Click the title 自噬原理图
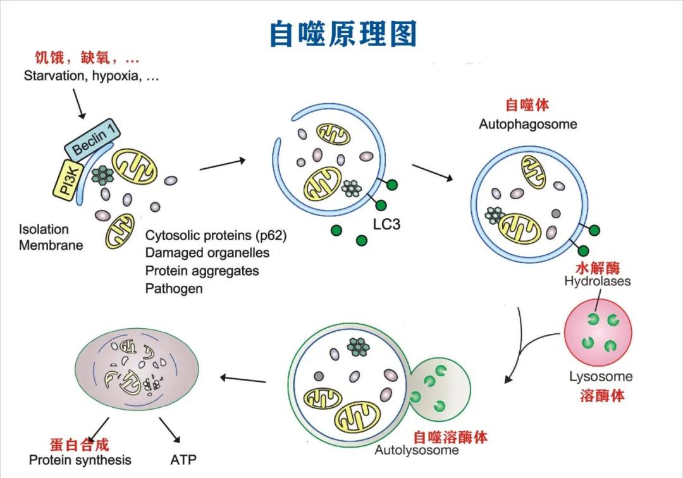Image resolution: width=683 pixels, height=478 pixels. [343, 34]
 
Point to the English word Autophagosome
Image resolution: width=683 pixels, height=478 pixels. [527, 124]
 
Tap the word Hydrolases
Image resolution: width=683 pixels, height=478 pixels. [597, 281]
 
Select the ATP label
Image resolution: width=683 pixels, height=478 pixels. [183, 460]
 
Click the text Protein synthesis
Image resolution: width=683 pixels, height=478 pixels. [80, 460]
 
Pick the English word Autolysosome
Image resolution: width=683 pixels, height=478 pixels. [417, 450]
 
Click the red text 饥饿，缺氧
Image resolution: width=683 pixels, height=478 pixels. [87, 59]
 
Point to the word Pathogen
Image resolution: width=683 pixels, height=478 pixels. [174, 288]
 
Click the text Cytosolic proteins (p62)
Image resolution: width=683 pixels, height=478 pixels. [216, 235]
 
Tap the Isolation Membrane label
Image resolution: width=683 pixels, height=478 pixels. [51, 237]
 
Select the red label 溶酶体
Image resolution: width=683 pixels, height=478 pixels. [602, 396]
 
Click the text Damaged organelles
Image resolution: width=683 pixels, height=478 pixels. [207, 253]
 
